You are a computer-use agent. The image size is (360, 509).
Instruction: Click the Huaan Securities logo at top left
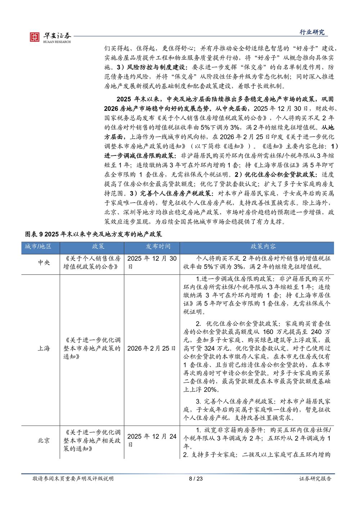click(50, 37)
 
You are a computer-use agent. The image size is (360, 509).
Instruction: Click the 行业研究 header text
click(312, 32)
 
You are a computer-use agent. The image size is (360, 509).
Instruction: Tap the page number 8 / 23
click(196, 478)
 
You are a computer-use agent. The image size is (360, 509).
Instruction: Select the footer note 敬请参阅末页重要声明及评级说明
click(73, 478)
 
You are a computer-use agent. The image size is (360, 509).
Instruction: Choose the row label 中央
click(44, 262)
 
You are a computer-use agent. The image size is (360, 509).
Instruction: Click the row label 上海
click(44, 348)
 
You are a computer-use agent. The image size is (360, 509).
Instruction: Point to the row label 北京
click(44, 441)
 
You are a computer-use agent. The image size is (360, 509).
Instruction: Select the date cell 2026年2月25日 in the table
click(152, 348)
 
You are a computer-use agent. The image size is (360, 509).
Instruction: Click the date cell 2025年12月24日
click(152, 440)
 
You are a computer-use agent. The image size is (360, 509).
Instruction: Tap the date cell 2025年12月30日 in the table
click(152, 262)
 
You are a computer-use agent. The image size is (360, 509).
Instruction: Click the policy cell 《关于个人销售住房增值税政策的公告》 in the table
click(92, 262)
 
